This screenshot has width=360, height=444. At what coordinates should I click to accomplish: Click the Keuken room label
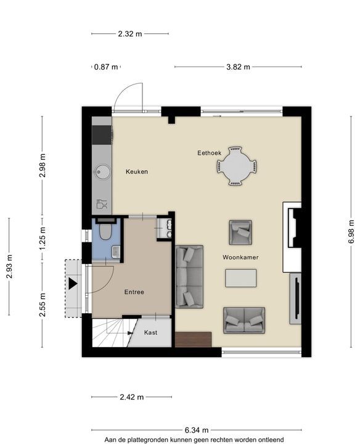pos(137,171)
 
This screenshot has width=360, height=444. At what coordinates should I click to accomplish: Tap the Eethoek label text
pos(210,153)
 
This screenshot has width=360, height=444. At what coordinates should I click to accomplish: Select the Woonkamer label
pos(240,257)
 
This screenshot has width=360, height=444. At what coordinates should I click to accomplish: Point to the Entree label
pos(134,292)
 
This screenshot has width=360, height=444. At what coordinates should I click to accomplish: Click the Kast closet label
pos(150,332)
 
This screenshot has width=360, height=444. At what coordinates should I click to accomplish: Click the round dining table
pos(237,166)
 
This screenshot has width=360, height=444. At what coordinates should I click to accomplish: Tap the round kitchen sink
pos(103,171)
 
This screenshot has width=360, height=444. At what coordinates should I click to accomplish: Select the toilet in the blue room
pos(105,230)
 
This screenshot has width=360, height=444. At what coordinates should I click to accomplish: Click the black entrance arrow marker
pos(73,284)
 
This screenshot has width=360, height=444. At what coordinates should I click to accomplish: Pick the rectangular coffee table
pos(241,278)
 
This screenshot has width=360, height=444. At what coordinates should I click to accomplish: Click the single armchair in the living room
pos(240,232)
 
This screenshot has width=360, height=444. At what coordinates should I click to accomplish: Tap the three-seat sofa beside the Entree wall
pos(189,277)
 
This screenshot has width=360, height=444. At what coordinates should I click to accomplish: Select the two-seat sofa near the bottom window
pos(244,320)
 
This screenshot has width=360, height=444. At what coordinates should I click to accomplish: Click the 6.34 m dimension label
pos(197,430)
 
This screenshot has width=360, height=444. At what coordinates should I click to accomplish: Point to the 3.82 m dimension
pos(239,67)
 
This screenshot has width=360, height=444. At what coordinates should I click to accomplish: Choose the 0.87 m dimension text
pos(106,67)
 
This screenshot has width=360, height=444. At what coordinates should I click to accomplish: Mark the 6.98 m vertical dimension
pos(351,231)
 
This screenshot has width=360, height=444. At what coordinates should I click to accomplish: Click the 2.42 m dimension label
pos(131,397)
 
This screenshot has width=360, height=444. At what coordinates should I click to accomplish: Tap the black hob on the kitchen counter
pos(102,135)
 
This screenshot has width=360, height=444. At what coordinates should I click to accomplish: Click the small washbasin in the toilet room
pos(116,252)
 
